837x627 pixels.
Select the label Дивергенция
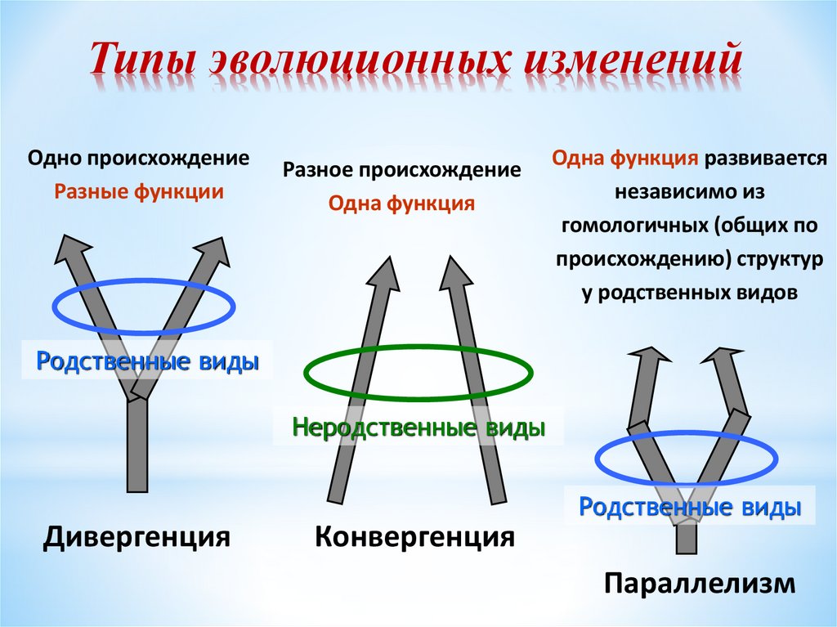(x=136, y=536)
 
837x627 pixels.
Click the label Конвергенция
(x=415, y=536)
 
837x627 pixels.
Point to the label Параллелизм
(x=700, y=583)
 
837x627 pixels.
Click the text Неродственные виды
(x=418, y=427)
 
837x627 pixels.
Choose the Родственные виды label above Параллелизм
(x=689, y=507)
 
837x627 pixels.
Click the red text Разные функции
(x=139, y=193)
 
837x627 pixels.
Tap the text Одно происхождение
(x=139, y=158)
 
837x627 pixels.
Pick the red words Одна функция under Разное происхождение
(x=401, y=204)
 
